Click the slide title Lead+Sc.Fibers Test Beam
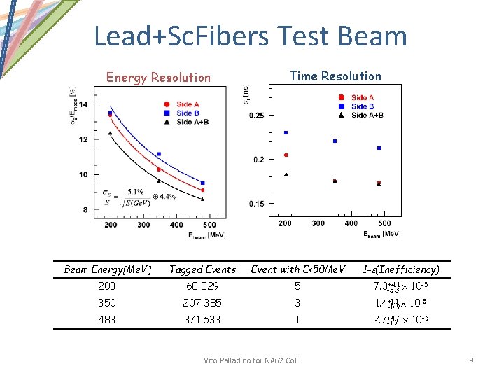click(250, 36)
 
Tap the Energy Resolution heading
click(157, 78)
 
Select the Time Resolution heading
click(335, 76)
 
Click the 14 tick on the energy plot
click(84, 104)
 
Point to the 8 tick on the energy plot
click(85, 209)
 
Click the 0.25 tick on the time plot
click(257, 115)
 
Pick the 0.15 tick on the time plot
click(257, 204)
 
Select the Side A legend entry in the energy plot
click(184, 104)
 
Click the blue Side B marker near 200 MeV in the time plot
click(286, 132)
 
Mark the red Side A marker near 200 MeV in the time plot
click(286, 155)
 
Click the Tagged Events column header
click(202, 269)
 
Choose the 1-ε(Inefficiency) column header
click(400, 269)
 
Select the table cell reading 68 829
click(202, 286)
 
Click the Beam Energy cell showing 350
click(107, 303)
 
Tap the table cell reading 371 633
click(202, 320)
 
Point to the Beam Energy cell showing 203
click(107, 286)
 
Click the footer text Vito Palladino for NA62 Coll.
click(251, 360)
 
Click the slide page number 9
click(471, 360)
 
